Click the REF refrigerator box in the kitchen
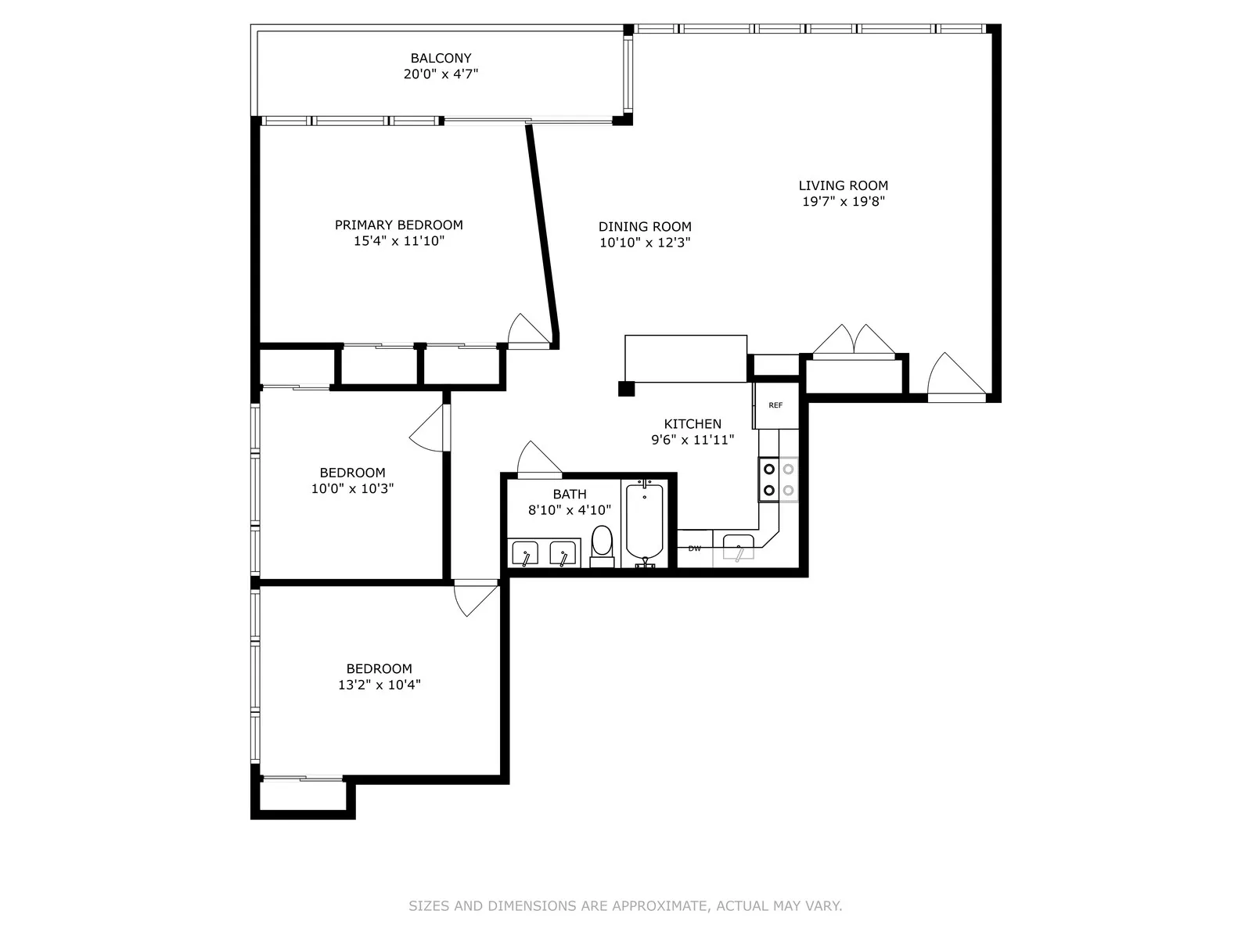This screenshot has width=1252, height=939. [x=775, y=405]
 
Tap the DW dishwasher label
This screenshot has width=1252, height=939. [x=694, y=549]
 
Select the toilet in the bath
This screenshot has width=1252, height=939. [x=602, y=545]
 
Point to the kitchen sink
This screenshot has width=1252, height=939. [x=738, y=547]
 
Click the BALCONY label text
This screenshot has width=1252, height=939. [x=441, y=58]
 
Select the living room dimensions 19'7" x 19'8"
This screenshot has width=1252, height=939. [x=843, y=202]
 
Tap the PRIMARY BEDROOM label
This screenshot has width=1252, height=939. [x=398, y=225]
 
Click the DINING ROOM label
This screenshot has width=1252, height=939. [x=645, y=227]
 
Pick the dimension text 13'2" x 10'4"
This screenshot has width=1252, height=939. [x=379, y=685]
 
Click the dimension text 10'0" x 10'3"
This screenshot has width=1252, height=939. [x=352, y=489]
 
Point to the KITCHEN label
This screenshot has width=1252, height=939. [x=693, y=424]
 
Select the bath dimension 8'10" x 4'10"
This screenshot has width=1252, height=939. [x=569, y=510]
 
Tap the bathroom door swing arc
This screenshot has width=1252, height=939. [x=537, y=459]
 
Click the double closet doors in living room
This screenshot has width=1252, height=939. [x=853, y=341]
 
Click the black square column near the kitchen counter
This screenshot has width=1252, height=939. [x=625, y=389]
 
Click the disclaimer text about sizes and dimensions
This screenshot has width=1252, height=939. [x=625, y=906]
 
